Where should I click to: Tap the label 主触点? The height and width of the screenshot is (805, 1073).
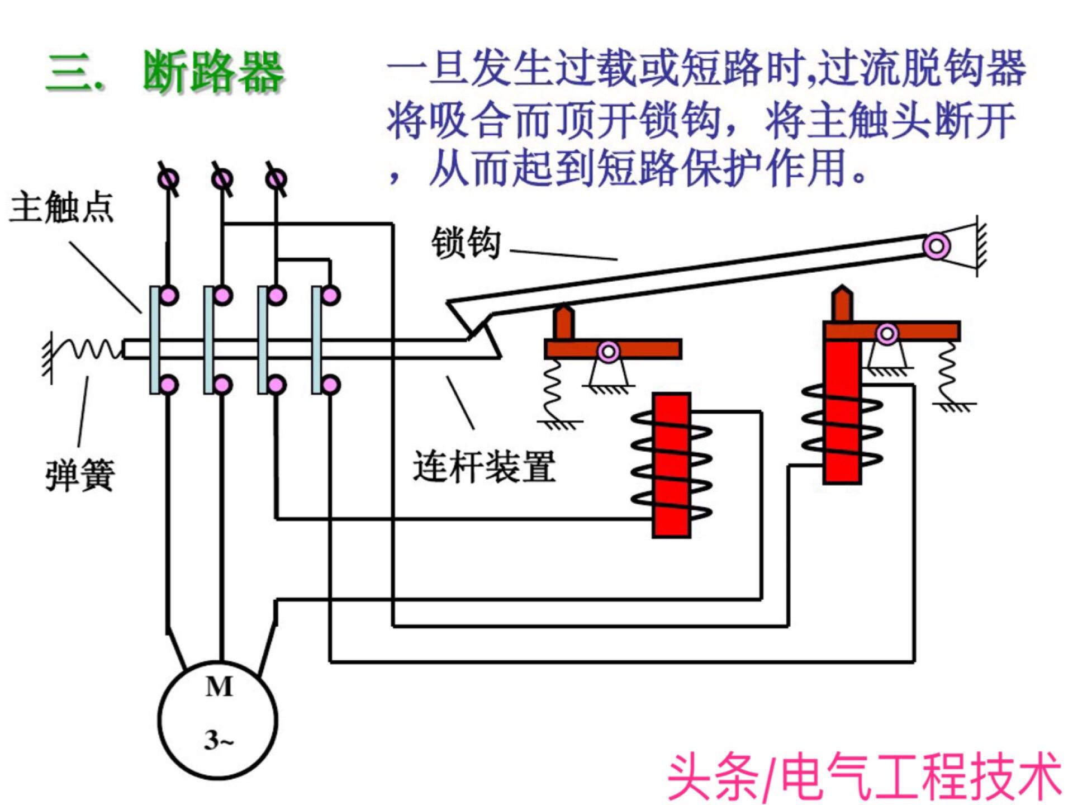[x=61, y=207]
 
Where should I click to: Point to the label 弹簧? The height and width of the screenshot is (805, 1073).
[x=80, y=475]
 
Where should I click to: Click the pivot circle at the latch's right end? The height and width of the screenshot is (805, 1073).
[x=937, y=246]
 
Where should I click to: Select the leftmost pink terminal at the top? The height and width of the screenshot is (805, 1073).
[x=169, y=179]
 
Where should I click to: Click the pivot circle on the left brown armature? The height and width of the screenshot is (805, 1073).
[x=608, y=352]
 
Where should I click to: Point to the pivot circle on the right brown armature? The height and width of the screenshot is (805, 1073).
[x=887, y=334]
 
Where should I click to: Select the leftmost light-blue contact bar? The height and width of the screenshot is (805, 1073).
[x=155, y=340]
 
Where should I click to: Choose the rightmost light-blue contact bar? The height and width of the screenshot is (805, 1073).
[x=317, y=340]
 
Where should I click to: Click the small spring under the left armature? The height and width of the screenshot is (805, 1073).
[x=553, y=389]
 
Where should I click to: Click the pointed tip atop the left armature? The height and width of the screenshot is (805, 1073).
[x=564, y=313]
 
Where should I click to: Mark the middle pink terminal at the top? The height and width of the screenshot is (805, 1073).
[x=222, y=179]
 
